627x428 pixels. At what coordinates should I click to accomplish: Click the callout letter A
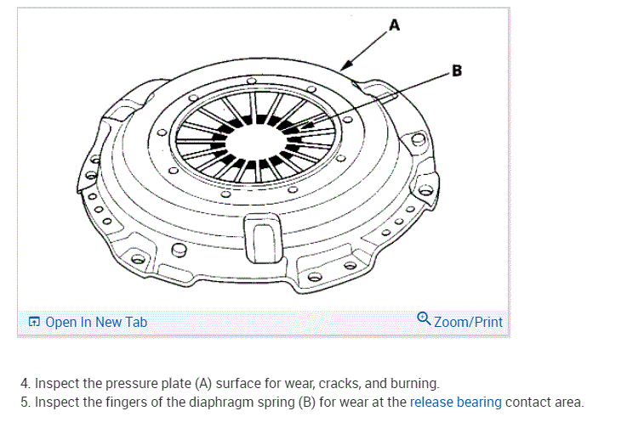click(393, 25)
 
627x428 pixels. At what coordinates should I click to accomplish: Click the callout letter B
click(457, 71)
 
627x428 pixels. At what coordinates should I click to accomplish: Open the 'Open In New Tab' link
click(96, 322)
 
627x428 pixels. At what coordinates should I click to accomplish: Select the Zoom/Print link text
click(468, 322)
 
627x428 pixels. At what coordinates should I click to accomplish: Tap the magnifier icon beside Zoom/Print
click(425, 320)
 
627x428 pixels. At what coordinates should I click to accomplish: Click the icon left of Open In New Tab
click(34, 322)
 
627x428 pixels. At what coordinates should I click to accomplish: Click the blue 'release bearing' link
click(456, 402)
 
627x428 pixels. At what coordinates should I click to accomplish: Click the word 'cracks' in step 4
click(339, 384)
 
